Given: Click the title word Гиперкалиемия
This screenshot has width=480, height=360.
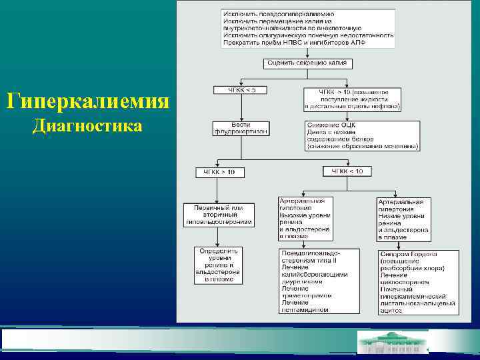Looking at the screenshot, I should [x=87, y=103].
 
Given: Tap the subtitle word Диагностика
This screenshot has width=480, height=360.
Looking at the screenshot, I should [x=87, y=126].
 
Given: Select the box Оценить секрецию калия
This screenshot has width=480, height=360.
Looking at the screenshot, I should [x=309, y=64].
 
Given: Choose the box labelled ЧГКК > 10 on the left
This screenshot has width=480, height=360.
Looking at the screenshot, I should [x=219, y=172].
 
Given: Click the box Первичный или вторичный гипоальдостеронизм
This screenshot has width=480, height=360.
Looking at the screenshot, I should [x=219, y=214].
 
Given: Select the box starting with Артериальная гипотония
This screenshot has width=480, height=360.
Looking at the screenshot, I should [x=305, y=218].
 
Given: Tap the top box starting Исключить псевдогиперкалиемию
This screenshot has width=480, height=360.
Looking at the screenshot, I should [x=309, y=28].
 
